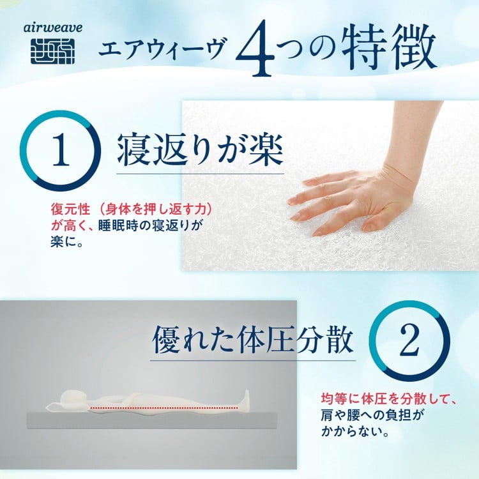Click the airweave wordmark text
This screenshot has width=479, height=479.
(52, 28)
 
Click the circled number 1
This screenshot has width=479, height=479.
(60, 150)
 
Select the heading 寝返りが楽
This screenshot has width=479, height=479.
(201, 151)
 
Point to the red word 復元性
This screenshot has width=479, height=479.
(70, 210)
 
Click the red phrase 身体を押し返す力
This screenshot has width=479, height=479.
(155, 210)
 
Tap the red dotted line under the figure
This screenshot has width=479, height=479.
(164, 407)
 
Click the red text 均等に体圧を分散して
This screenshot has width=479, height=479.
(388, 399)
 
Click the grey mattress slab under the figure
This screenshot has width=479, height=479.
(153, 420)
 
